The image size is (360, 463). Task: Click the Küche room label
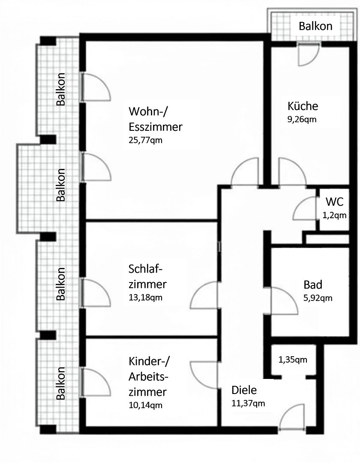pos(303,106)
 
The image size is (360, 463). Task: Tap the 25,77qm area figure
pos(145,140)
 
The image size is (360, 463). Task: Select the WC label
pos(335,201)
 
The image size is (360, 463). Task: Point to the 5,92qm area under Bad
pos(318,298)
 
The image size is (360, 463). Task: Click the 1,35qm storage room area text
pos(293,360)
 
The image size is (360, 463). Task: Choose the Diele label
pos(244,390)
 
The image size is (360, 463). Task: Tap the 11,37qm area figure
pos(248,403)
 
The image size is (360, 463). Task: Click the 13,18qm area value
pos(145,298)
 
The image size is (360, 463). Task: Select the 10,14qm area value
pos(145,405)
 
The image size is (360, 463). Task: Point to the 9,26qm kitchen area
pos(302,119)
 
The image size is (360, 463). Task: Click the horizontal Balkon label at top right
pos(315,26)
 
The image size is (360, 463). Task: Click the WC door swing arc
pos(304,208)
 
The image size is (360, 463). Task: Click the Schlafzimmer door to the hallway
pos(204,295)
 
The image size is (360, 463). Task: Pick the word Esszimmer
pos(156,127)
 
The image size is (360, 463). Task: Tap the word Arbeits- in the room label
pos(148,377)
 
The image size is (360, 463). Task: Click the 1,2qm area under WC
pos(334,215)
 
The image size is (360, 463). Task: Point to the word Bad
pos(313,285)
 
